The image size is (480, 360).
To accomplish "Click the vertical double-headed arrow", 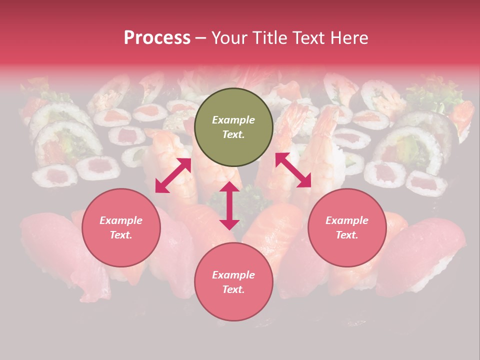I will [x=229, y=205].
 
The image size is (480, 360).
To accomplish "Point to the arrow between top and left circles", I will [x=173, y=175].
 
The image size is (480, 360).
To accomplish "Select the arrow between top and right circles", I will [x=293, y=170].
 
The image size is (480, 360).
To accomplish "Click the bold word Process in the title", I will [x=157, y=38].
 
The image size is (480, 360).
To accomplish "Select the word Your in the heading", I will [x=228, y=38].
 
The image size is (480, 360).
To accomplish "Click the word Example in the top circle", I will [x=233, y=120].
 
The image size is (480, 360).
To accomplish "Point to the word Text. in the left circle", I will [x=121, y=235].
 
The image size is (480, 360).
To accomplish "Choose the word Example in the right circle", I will [x=347, y=220].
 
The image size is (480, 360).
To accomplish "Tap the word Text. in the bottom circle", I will [x=233, y=289].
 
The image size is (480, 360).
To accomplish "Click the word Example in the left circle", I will [x=121, y=220].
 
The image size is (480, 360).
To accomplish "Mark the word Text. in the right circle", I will [x=347, y=235].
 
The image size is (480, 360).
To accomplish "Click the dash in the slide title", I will [x=201, y=38].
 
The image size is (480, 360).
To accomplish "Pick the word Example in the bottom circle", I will [x=233, y=275].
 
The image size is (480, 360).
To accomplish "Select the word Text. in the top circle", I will [x=233, y=134].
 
